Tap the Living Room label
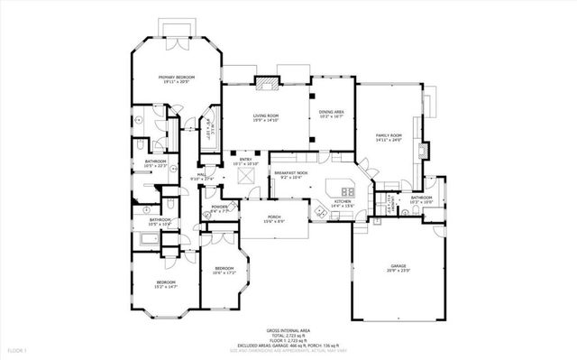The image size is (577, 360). coord(265,115)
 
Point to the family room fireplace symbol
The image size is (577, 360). coord(424,150)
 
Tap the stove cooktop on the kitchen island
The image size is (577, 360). coord(345,190)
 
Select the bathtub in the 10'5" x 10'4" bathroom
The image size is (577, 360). coord(150,239)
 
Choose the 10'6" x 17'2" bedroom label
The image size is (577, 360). coord(224,270)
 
